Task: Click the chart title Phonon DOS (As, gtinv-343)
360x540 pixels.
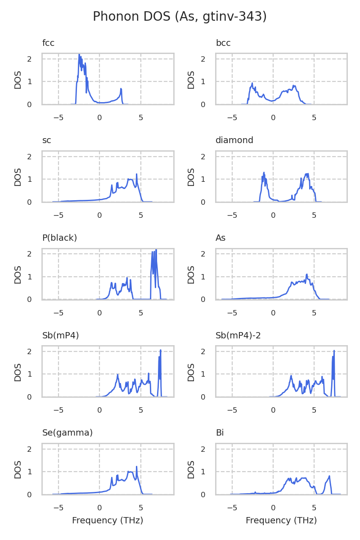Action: pyautogui.click(x=180, y=17)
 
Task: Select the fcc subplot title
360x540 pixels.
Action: pyautogui.click(x=48, y=43)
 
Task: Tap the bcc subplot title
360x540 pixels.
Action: pyautogui.click(x=223, y=43)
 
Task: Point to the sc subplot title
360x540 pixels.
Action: pyautogui.click(x=47, y=140)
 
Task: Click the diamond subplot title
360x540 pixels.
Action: pyautogui.click(x=234, y=140)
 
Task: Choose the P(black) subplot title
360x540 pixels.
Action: pyautogui.click(x=59, y=238)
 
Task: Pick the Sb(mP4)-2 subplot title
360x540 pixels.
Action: pyautogui.click(x=237, y=335)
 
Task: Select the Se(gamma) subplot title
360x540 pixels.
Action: pyautogui.click(x=67, y=433)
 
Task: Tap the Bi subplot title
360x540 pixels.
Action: pyautogui.click(x=220, y=433)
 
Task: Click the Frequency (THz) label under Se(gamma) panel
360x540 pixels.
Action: pyautogui.click(x=108, y=521)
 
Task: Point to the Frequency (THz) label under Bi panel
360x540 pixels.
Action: pyautogui.click(x=281, y=521)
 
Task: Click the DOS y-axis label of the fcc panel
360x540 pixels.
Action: pyautogui.click(x=18, y=80)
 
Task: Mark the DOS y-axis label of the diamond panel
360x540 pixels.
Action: pyautogui.click(x=192, y=177)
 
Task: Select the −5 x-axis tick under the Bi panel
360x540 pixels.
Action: pyautogui.click(x=232, y=508)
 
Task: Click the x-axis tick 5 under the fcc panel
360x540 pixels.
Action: pyautogui.click(x=141, y=118)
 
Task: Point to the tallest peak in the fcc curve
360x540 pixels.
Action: pyautogui.click(x=79, y=55)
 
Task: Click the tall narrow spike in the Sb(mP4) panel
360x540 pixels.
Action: pyautogui.click(x=160, y=351)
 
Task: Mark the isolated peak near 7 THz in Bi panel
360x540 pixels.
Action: pyautogui.click(x=329, y=476)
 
